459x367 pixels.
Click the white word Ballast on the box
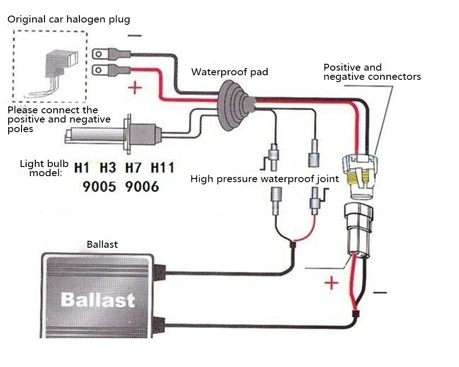pyautogui.click(x=98, y=300)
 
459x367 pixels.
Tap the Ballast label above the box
pyautogui.click(x=102, y=245)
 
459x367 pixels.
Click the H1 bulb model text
pyautogui.click(x=82, y=168)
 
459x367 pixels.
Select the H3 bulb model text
pyautogui.click(x=108, y=168)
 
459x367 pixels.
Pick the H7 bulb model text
pyautogui.click(x=133, y=168)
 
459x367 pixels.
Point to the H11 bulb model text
pyautogui.click(x=162, y=168)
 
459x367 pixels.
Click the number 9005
pyautogui.click(x=99, y=186)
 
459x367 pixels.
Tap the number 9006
pyautogui.click(x=142, y=186)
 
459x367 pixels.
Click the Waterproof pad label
pyautogui.click(x=229, y=72)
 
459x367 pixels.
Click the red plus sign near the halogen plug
pyautogui.click(x=135, y=88)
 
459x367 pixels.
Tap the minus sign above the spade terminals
pyautogui.click(x=134, y=36)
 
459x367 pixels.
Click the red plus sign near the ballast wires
pyautogui.click(x=332, y=283)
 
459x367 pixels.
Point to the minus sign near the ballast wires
pyautogui.click(x=380, y=292)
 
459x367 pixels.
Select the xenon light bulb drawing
pyautogui.click(x=113, y=134)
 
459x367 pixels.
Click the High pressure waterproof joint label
pyautogui.click(x=265, y=179)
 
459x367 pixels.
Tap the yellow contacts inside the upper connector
pyautogui.click(x=358, y=178)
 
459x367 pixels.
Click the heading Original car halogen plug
pyautogui.click(x=68, y=19)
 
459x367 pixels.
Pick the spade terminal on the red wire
pyautogui.click(x=112, y=70)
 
